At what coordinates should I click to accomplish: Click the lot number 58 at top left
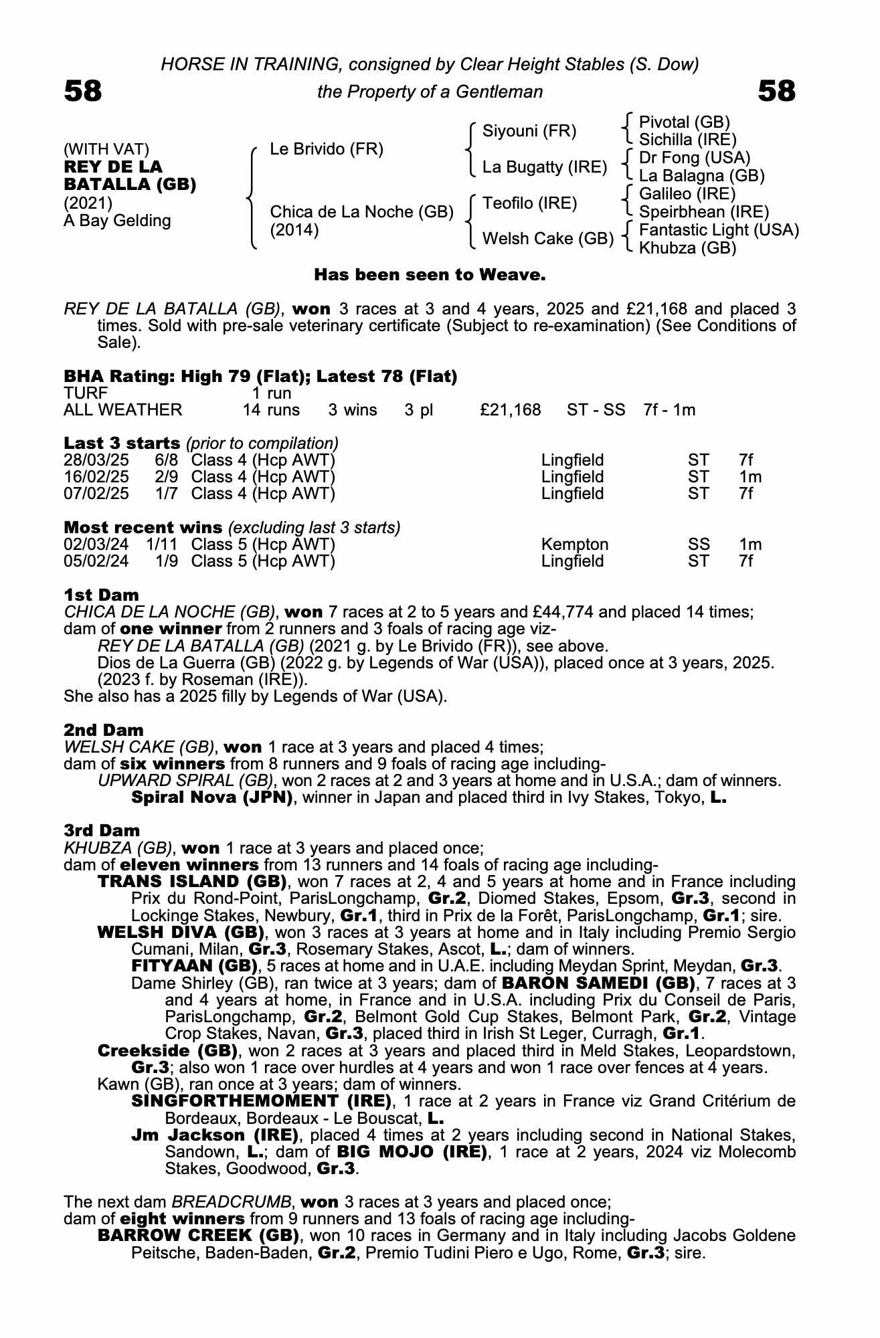coord(83,91)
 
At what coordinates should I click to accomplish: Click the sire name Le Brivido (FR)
coord(327,149)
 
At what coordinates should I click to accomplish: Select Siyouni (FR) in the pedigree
coord(529,131)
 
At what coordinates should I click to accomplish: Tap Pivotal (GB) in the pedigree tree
coord(684,122)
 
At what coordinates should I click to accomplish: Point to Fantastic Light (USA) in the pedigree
coord(719,230)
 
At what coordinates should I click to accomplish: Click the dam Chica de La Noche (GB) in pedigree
coord(361,212)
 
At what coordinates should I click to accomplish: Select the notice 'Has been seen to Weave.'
coord(430,275)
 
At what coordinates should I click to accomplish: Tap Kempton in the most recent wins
coord(574,545)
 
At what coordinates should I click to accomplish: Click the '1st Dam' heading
coord(101,595)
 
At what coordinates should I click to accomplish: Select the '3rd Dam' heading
coord(102,830)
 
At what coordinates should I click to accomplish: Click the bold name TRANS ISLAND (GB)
coord(192,882)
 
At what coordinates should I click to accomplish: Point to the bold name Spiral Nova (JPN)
coord(212,797)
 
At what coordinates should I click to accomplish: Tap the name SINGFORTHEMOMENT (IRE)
coord(261,1101)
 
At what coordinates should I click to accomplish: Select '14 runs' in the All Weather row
coord(271,410)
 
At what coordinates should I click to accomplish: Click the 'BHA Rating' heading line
coord(260,377)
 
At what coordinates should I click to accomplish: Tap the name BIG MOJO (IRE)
coord(412,1152)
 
